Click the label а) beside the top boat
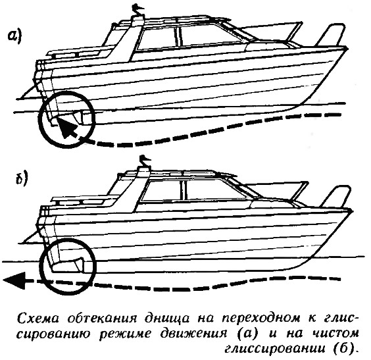(x=14, y=37)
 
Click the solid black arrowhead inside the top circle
(x=68, y=128)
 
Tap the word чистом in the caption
(x=335, y=334)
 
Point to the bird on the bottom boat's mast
(x=145, y=161)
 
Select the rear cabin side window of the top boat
(x=157, y=38)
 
